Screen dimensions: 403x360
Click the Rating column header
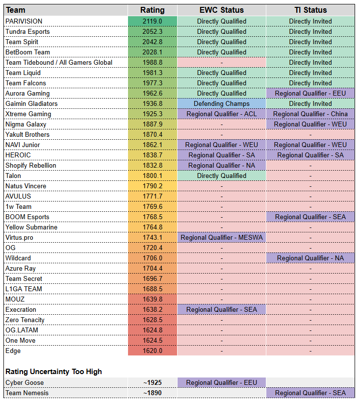152,10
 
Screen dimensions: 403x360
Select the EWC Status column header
221,10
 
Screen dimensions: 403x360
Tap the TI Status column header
310,10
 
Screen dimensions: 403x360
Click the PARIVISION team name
24,21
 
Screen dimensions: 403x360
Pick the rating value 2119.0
152,21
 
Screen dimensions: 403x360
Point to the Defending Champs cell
221,103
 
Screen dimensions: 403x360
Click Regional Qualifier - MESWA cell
221,237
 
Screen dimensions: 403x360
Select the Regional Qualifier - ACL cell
221,114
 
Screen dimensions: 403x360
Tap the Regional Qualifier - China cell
310,114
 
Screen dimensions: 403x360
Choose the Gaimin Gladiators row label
31,103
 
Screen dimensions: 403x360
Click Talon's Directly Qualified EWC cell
221,176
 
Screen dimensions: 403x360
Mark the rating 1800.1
152,176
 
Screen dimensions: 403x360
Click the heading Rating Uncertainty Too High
53,371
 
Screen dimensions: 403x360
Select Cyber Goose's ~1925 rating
152,382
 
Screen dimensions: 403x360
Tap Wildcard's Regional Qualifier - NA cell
310,258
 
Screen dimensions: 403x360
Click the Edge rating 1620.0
152,351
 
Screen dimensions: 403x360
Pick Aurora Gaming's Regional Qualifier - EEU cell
310,93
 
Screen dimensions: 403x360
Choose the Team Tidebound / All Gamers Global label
59,62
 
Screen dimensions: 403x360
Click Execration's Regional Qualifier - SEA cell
221,309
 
